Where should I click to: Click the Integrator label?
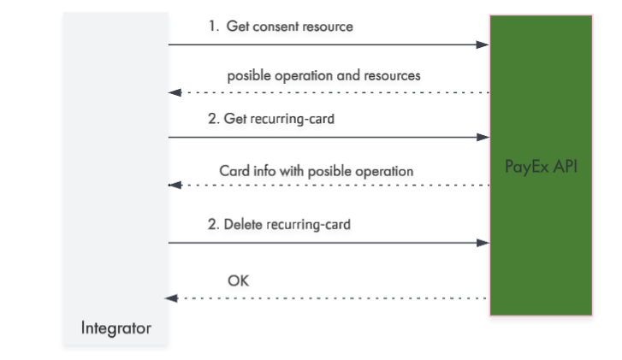coord(116,328)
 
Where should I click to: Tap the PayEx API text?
coord(541,167)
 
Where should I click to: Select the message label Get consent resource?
coord(289,27)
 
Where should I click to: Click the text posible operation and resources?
coord(323,75)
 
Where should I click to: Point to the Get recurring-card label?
coord(279,119)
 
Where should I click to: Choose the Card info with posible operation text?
coord(317,171)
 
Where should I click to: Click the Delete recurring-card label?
coord(287,224)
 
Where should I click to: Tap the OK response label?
coord(239,280)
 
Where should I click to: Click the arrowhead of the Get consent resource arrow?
coord(483,44)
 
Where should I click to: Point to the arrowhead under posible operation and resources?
coord(175,92)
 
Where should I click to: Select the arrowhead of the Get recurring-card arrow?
coord(483,137)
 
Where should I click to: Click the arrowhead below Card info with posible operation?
coord(175,186)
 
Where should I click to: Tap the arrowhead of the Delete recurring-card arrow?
coord(483,243)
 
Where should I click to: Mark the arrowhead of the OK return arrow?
coord(171,298)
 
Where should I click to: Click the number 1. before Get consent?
coord(214,27)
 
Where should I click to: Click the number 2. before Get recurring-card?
coord(213,119)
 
